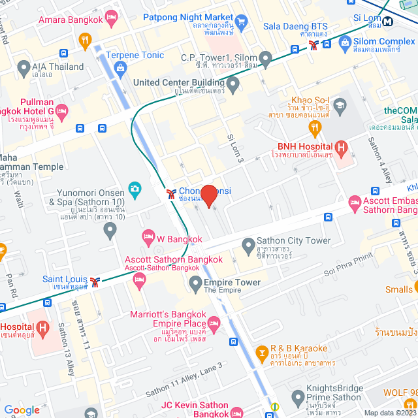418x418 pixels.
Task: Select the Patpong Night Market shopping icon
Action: [x=241, y=25]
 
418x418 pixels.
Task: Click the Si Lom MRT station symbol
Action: [x=388, y=20]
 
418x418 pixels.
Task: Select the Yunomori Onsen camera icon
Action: [x=135, y=189]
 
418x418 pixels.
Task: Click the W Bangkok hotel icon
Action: [x=148, y=235]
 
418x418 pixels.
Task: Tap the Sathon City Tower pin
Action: [x=248, y=246]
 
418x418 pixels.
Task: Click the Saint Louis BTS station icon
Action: [x=96, y=281]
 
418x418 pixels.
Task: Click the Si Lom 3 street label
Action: [x=235, y=148]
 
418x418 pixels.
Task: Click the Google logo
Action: [x=22, y=410]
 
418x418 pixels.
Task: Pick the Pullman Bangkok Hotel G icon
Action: [x=62, y=111]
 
